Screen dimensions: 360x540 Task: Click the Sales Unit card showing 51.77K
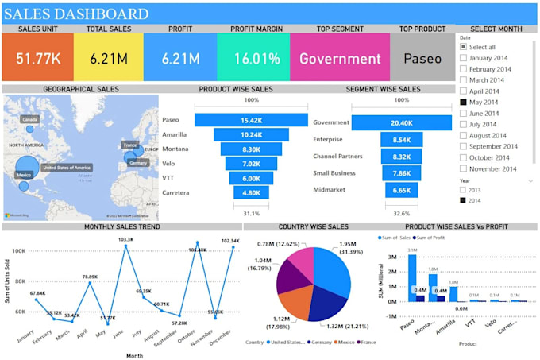[x=37, y=58]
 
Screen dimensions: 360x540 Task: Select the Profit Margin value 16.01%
[x=256, y=58]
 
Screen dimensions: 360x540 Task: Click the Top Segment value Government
[x=340, y=58]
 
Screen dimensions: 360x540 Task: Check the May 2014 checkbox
[x=464, y=102]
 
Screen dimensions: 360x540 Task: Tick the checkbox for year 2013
[x=464, y=191]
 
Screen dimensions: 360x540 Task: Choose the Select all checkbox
[x=464, y=47]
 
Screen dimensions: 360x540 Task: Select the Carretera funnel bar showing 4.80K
[x=252, y=192]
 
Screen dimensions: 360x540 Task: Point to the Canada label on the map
[x=30, y=118]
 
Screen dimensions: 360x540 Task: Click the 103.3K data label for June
[x=126, y=238]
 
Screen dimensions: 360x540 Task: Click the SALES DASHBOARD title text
[x=76, y=14]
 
